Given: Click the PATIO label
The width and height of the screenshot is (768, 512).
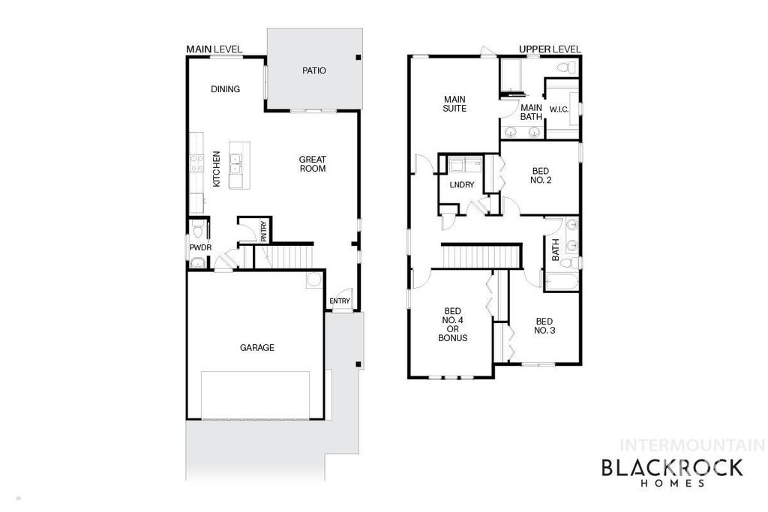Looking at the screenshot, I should (314, 71).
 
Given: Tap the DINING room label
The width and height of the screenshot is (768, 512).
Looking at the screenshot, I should (225, 89).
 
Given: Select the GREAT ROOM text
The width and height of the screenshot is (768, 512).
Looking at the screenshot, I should (312, 163).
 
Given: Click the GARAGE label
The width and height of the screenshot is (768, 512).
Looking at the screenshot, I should (256, 348).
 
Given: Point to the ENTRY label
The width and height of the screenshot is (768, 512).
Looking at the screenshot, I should (339, 301).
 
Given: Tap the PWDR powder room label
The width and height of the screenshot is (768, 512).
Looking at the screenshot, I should (198, 247).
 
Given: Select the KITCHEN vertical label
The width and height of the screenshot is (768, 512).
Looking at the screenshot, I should (216, 169).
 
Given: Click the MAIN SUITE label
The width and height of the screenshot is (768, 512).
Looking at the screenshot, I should (454, 103).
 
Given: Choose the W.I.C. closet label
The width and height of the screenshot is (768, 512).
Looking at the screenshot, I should (559, 110).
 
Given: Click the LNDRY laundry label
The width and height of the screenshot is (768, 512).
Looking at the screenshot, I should (462, 184).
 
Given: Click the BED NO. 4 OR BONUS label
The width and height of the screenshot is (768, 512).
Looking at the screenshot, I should (452, 325).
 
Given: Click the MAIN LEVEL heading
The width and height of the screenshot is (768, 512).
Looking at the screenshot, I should (214, 49).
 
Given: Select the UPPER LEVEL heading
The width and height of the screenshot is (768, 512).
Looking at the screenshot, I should (550, 49).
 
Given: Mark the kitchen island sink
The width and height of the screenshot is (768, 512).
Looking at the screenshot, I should (236, 159).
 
